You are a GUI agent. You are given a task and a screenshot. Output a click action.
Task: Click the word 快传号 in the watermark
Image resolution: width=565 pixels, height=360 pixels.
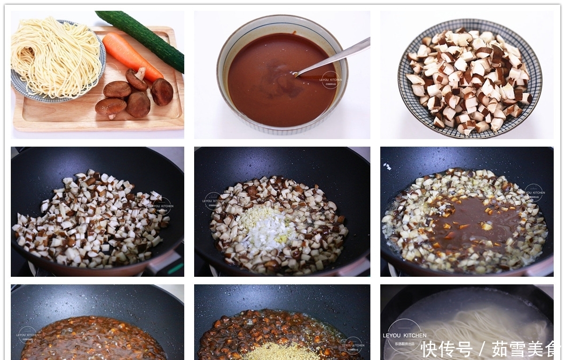tap(447, 349)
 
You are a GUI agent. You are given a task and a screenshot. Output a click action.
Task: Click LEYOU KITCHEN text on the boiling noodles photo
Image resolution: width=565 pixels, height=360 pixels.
tap(405, 336)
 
